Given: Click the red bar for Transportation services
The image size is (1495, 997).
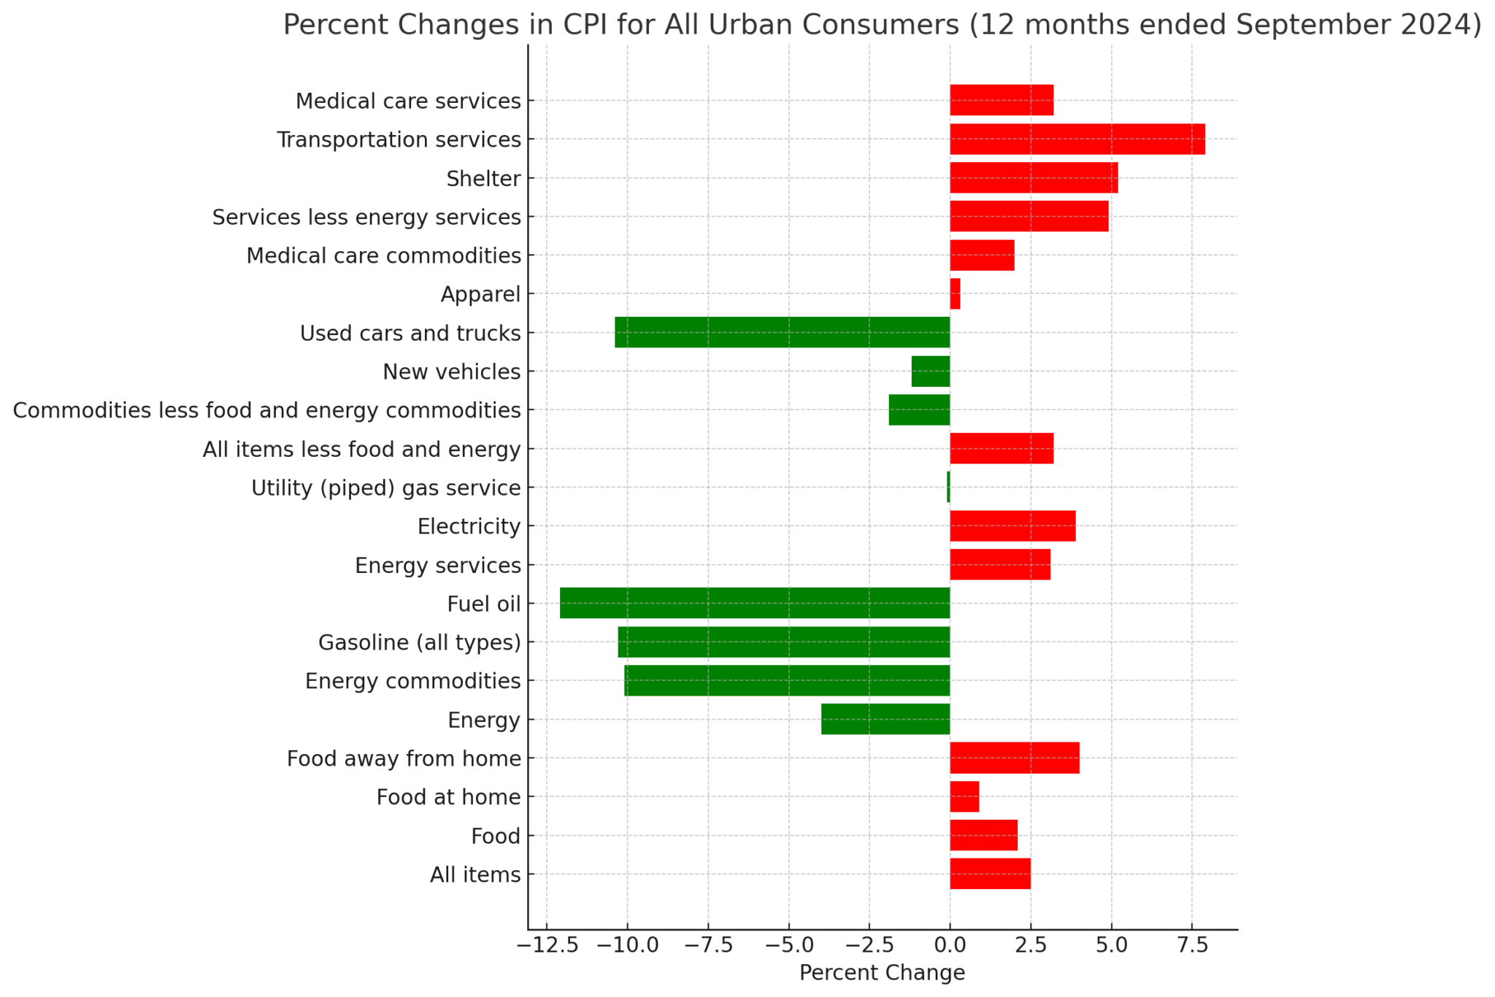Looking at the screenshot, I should (1077, 139).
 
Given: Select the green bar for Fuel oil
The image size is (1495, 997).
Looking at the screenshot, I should (755, 603).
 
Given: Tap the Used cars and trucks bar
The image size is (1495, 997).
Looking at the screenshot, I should (782, 332).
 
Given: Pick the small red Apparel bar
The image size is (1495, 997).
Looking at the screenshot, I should (955, 293).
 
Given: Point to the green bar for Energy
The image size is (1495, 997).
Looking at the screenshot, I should (885, 719).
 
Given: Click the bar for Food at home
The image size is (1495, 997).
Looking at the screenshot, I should (964, 796).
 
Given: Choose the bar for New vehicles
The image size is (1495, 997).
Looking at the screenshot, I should (931, 371).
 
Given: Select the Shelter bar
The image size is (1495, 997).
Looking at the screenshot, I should (1034, 178).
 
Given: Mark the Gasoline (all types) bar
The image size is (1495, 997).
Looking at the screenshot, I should (783, 642).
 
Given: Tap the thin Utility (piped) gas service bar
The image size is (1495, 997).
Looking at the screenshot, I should (948, 487).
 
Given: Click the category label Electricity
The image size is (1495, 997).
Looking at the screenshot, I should (469, 526).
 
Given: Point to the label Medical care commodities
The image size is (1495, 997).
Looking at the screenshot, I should (383, 255).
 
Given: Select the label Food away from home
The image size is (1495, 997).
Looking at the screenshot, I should (404, 758).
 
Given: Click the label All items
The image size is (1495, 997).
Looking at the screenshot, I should (474, 874).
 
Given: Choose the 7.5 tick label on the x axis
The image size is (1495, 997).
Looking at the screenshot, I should (1191, 945).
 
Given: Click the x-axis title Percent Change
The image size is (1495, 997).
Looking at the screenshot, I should (882, 973).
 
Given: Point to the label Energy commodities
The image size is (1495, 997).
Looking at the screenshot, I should (412, 681).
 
